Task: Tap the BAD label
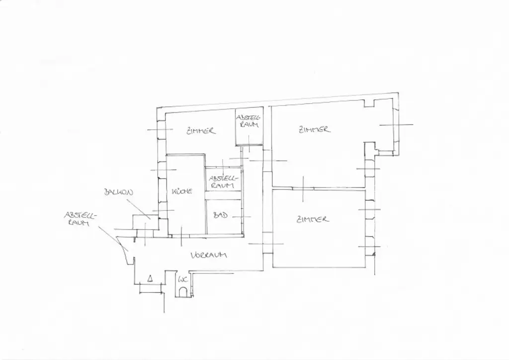point(220,215)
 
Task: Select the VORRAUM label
point(209,255)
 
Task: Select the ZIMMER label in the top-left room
point(201,131)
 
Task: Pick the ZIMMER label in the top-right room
point(314,129)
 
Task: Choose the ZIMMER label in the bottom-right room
point(312,219)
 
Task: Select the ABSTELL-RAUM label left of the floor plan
point(79,219)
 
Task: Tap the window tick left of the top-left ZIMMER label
point(158,130)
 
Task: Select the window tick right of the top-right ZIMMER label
point(396,124)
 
